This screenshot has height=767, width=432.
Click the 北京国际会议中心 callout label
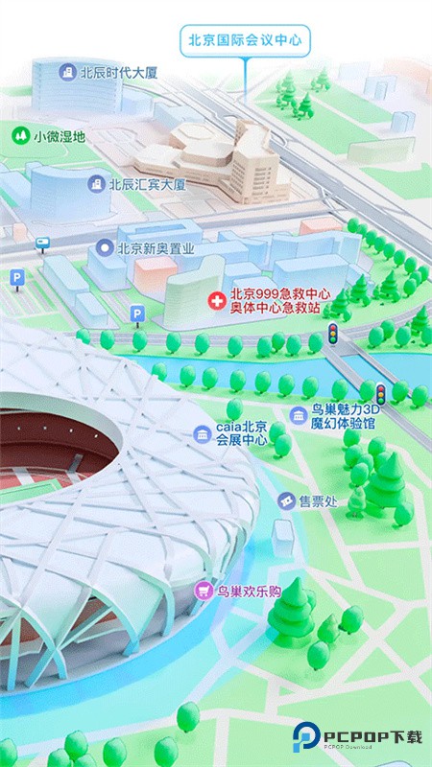click(x=246, y=40)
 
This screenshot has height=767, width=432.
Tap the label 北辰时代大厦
click(x=120, y=72)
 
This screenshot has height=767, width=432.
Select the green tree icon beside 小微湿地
click(x=20, y=136)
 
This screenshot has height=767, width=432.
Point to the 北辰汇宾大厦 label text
click(x=147, y=184)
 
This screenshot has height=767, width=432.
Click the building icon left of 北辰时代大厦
click(x=67, y=72)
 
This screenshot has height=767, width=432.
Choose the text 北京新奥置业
click(x=156, y=248)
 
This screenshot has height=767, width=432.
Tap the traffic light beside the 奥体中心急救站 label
click(x=333, y=333)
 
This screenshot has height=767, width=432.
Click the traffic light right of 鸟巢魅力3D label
click(x=381, y=393)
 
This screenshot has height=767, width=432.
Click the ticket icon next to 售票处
click(x=285, y=500)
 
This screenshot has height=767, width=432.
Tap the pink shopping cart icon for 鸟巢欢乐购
click(x=204, y=592)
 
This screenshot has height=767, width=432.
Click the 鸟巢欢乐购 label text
click(x=248, y=592)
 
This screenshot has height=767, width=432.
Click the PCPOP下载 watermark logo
click(x=358, y=736)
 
